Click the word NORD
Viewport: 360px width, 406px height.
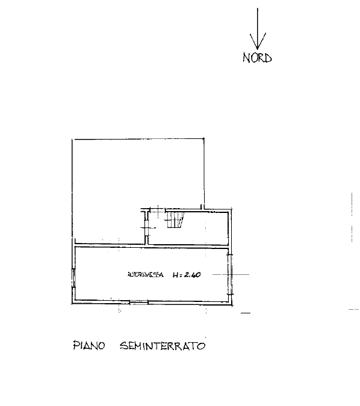[x=257, y=58]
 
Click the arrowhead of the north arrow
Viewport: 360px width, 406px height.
[x=258, y=42]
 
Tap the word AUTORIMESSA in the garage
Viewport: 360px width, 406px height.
[x=146, y=274]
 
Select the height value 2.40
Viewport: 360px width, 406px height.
[x=192, y=274]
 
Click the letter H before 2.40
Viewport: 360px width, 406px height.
[x=175, y=275]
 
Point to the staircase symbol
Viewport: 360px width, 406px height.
[x=175, y=220]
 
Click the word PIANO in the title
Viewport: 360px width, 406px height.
[x=89, y=345]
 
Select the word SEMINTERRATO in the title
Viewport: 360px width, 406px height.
[x=163, y=346]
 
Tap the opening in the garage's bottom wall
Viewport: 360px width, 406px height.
[x=138, y=302]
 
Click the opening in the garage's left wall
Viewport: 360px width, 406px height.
[x=73, y=278]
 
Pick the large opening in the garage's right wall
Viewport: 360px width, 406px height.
[x=229, y=274]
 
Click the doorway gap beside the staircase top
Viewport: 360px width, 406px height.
[x=158, y=210]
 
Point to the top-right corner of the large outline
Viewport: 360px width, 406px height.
[x=203, y=138]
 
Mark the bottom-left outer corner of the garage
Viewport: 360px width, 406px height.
[x=72, y=304]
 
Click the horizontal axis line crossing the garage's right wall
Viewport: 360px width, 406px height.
[x=231, y=274]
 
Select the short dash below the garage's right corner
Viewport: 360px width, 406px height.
[x=246, y=313]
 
